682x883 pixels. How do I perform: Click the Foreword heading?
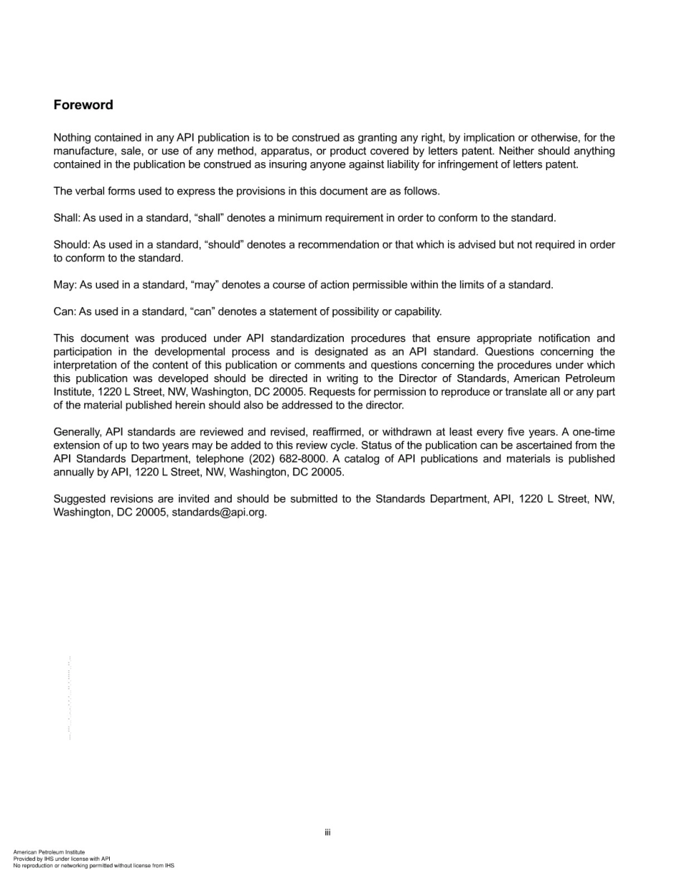point(83,105)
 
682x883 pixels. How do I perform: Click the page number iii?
point(327,833)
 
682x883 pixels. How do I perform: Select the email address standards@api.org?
point(219,513)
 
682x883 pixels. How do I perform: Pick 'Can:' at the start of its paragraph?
point(65,312)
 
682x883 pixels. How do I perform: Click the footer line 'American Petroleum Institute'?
point(49,852)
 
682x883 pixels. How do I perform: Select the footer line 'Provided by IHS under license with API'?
point(62,859)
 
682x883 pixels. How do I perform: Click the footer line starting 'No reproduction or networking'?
point(93,866)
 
